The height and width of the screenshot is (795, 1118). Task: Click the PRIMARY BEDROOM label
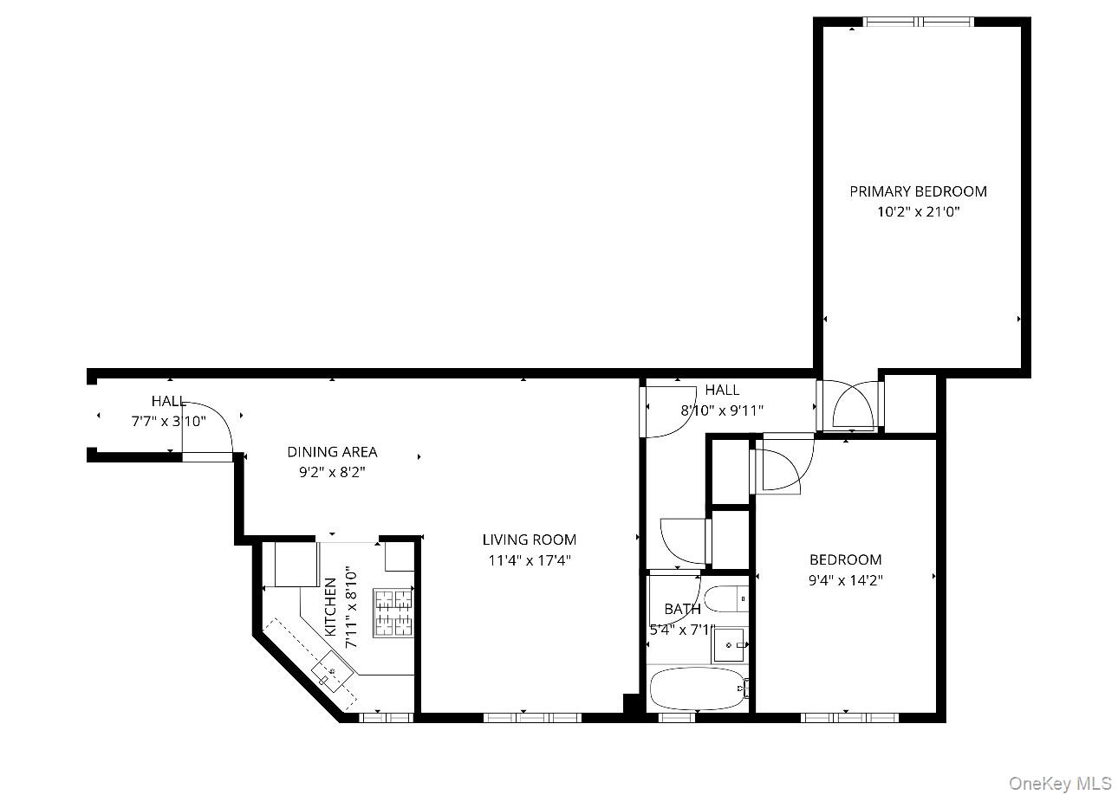click(x=918, y=191)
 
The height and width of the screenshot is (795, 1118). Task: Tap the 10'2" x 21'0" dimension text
click(x=918, y=212)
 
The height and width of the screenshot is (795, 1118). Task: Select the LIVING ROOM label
click(x=529, y=540)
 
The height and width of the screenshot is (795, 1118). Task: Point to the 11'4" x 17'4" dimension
click(x=529, y=560)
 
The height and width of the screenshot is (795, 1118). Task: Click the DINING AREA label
click(x=332, y=452)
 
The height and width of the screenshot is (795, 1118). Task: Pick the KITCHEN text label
click(x=330, y=607)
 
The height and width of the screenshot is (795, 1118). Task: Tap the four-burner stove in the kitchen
click(x=393, y=612)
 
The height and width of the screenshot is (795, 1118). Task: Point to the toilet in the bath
click(x=725, y=598)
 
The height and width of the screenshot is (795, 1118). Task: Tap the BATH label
click(x=682, y=610)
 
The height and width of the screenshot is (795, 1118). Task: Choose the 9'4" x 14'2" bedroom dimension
click(x=845, y=581)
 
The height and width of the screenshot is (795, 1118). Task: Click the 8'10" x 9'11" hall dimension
click(x=722, y=411)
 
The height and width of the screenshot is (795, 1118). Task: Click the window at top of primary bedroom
click(x=919, y=22)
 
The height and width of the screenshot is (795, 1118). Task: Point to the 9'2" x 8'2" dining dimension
click(x=332, y=473)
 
